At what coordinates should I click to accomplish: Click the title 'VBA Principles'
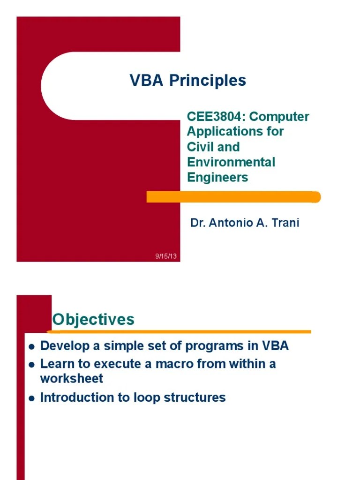(187, 81)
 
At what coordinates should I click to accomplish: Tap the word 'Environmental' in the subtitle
(231, 162)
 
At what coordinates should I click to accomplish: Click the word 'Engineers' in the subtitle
(217, 178)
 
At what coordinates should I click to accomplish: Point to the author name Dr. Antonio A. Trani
(244, 223)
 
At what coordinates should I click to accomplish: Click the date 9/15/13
(166, 256)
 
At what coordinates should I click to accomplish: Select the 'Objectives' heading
(93, 320)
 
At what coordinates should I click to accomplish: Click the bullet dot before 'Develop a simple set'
(31, 347)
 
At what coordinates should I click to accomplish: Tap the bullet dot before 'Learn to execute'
(31, 364)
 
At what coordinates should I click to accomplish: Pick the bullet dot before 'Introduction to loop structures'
(31, 398)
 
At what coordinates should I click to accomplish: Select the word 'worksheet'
(71, 379)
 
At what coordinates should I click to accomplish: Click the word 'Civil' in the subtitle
(201, 147)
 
